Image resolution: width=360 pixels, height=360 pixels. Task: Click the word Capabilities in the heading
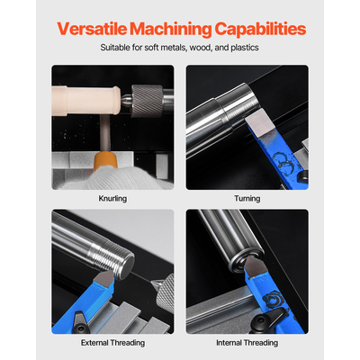click(260, 30)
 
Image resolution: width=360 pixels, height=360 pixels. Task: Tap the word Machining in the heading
click(171, 30)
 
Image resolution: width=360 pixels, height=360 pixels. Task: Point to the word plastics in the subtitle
click(245, 48)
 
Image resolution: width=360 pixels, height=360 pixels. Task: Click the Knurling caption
click(112, 199)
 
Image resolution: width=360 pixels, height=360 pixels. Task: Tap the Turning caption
click(247, 198)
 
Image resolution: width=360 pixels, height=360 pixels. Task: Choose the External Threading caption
click(112, 343)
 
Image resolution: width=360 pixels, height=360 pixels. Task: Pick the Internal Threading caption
click(247, 343)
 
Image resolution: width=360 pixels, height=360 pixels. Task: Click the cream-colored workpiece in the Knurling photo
click(85, 100)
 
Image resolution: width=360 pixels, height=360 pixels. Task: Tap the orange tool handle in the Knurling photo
click(105, 161)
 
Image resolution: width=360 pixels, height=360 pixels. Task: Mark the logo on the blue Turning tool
click(284, 162)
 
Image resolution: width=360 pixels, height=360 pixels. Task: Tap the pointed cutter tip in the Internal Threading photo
click(255, 265)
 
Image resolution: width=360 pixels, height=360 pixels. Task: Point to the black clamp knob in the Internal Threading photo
click(265, 321)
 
